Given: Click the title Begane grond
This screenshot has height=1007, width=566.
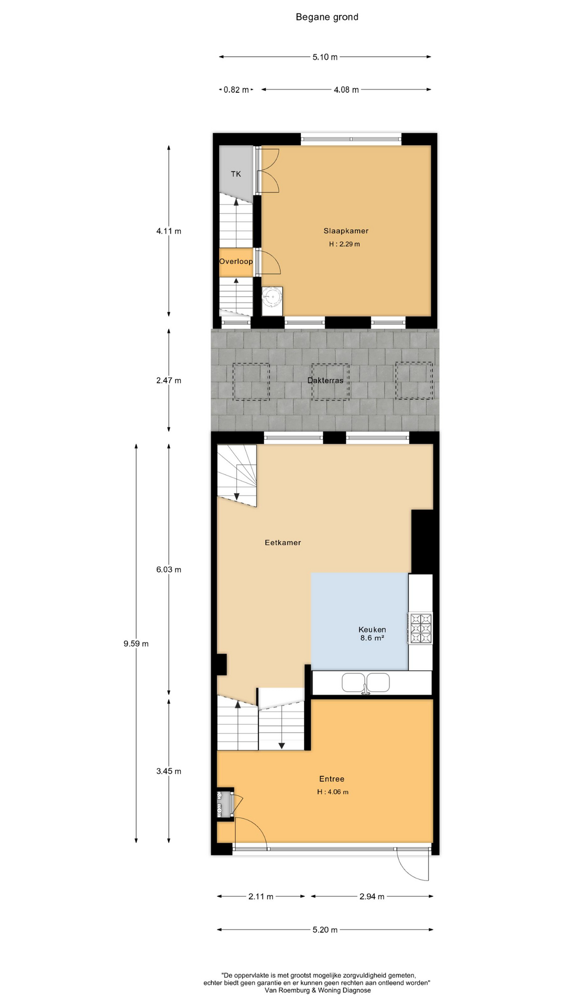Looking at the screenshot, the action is (327, 17).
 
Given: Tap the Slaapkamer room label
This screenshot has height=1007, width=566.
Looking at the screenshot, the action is (346, 231).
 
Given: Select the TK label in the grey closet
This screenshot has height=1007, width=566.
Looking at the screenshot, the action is (236, 174).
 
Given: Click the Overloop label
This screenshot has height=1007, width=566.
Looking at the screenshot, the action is (236, 261).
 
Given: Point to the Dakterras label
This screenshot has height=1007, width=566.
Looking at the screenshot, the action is (325, 380).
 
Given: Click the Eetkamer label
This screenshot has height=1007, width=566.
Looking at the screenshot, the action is (283, 542).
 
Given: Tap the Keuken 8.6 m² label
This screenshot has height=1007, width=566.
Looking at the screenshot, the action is (372, 634).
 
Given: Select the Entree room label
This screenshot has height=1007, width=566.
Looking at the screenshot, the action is (332, 779).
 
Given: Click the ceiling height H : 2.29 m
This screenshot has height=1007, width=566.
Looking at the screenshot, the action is (344, 244).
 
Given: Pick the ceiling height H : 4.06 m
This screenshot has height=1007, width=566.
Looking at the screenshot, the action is (333, 792).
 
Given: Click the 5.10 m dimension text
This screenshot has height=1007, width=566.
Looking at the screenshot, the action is (325, 57).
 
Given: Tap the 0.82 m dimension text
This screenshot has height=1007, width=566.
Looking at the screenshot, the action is (236, 90).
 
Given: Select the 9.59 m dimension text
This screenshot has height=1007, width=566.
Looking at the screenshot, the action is (136, 644).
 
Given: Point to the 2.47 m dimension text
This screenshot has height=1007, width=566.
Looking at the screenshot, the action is (169, 380).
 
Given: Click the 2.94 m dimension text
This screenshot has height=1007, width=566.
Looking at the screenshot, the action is (372, 896).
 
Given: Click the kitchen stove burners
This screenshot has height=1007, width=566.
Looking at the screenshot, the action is (420, 628).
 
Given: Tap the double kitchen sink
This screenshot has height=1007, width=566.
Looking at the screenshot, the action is (366, 683).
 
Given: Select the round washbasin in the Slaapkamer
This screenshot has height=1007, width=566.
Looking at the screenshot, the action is (272, 297).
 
